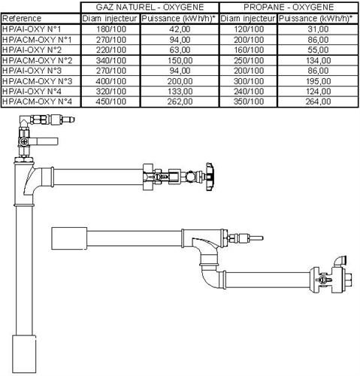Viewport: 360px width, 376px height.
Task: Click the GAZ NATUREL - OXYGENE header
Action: pos(150,7)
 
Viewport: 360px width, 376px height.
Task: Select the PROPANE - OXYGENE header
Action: pos(289,7)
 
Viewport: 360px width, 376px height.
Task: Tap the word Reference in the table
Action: pos(22,18)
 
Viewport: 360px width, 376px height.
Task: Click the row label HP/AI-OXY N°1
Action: pos(32,29)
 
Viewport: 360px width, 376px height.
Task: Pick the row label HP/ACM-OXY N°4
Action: pos(37,102)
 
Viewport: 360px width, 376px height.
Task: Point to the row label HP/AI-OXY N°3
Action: pos(32,71)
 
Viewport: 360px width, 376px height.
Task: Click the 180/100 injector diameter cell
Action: pos(111,29)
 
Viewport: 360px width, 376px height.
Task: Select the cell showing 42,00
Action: pos(180,29)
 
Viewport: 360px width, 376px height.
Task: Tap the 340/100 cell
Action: pos(111,60)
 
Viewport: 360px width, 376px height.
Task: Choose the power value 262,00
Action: pos(180,102)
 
